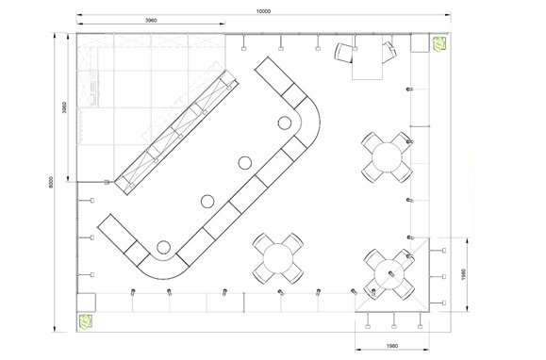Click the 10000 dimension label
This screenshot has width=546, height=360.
(x=263, y=11)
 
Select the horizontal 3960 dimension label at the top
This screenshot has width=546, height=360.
(x=151, y=20)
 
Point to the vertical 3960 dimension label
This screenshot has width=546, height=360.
(x=64, y=107)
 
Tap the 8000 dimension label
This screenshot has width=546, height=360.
(x=51, y=182)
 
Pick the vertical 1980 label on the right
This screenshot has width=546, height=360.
(x=463, y=274)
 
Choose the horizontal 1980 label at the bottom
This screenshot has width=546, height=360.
(x=392, y=346)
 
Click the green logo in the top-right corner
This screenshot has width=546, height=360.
(x=439, y=44)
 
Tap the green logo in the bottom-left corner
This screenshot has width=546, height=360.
(x=85, y=321)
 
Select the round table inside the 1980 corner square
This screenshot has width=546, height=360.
(x=389, y=274)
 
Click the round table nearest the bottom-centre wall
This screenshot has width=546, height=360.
(x=278, y=258)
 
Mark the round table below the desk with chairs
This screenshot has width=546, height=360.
(x=387, y=157)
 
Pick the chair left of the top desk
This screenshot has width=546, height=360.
(x=344, y=53)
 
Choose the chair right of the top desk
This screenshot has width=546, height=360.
(x=389, y=53)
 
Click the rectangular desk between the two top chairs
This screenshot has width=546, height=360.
(x=368, y=57)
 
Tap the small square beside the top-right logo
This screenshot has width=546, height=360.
(x=420, y=42)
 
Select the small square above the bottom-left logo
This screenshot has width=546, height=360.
(x=86, y=303)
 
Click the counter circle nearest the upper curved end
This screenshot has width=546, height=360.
(x=285, y=123)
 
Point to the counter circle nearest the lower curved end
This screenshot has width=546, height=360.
(x=163, y=247)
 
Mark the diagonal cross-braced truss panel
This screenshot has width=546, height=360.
(x=177, y=133)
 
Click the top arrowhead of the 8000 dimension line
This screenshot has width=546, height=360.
(x=55, y=34)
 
